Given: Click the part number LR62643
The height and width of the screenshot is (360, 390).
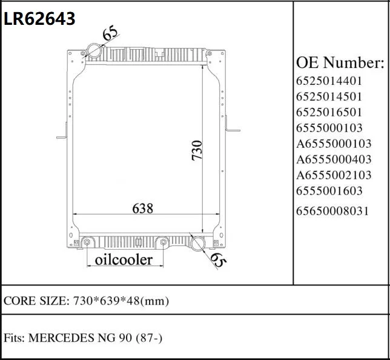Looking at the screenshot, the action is (x=39, y=19).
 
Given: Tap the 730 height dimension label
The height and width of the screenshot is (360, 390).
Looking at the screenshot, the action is (x=197, y=150).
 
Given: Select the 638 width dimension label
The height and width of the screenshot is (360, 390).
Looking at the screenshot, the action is (x=142, y=208).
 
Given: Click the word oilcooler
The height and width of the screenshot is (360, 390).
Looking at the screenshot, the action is (x=124, y=260).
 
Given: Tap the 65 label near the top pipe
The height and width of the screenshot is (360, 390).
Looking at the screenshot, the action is (x=110, y=32).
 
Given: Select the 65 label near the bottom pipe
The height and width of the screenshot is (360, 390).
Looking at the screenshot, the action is (x=218, y=261).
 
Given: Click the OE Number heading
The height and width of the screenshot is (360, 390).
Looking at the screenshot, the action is (x=340, y=62).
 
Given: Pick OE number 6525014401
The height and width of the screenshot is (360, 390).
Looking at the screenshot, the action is (x=329, y=81).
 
